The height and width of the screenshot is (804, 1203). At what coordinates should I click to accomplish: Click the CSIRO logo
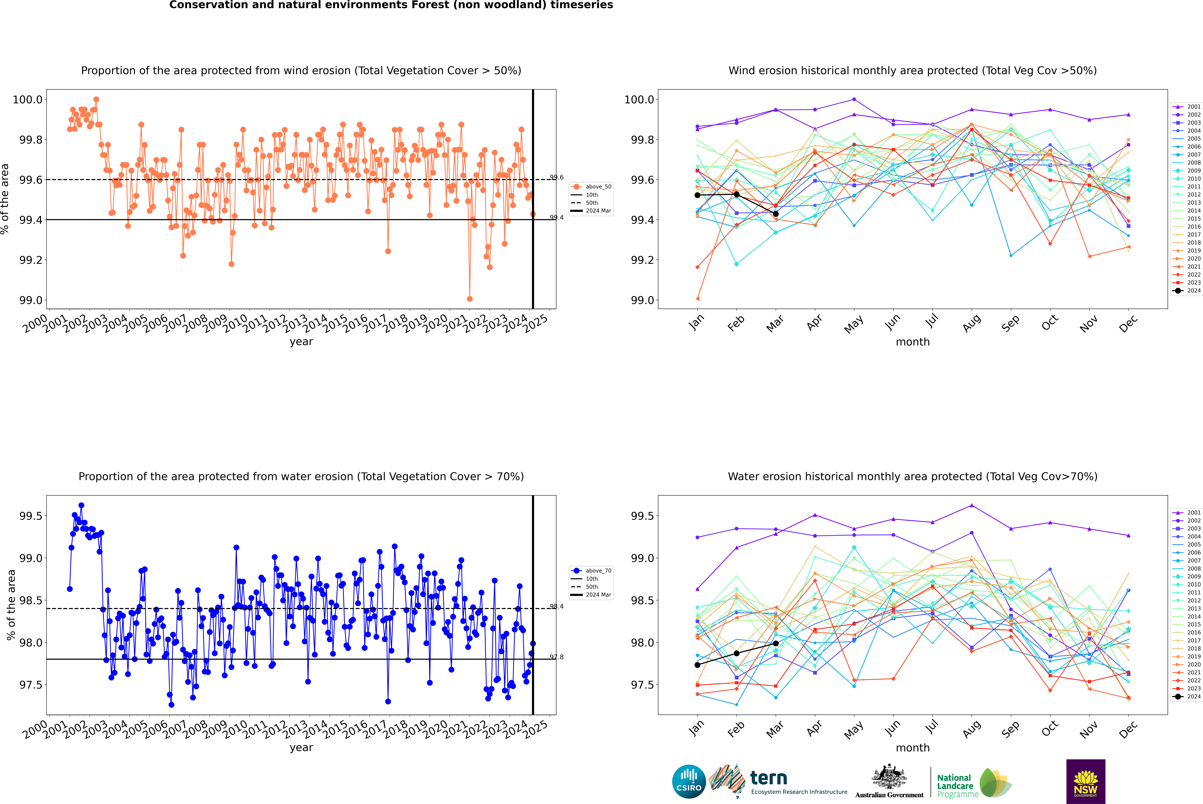pos(689,781)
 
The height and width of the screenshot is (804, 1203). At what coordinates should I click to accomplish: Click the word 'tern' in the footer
pos(768,778)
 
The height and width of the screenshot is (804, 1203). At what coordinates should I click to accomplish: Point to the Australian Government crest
pos(889,777)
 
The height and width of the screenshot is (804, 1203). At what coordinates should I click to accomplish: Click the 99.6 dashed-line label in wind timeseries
pos(556,177)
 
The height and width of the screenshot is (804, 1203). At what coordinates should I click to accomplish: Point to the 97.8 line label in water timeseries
pos(556,657)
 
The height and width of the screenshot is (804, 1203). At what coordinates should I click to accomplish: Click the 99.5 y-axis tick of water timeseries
pos(30,516)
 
